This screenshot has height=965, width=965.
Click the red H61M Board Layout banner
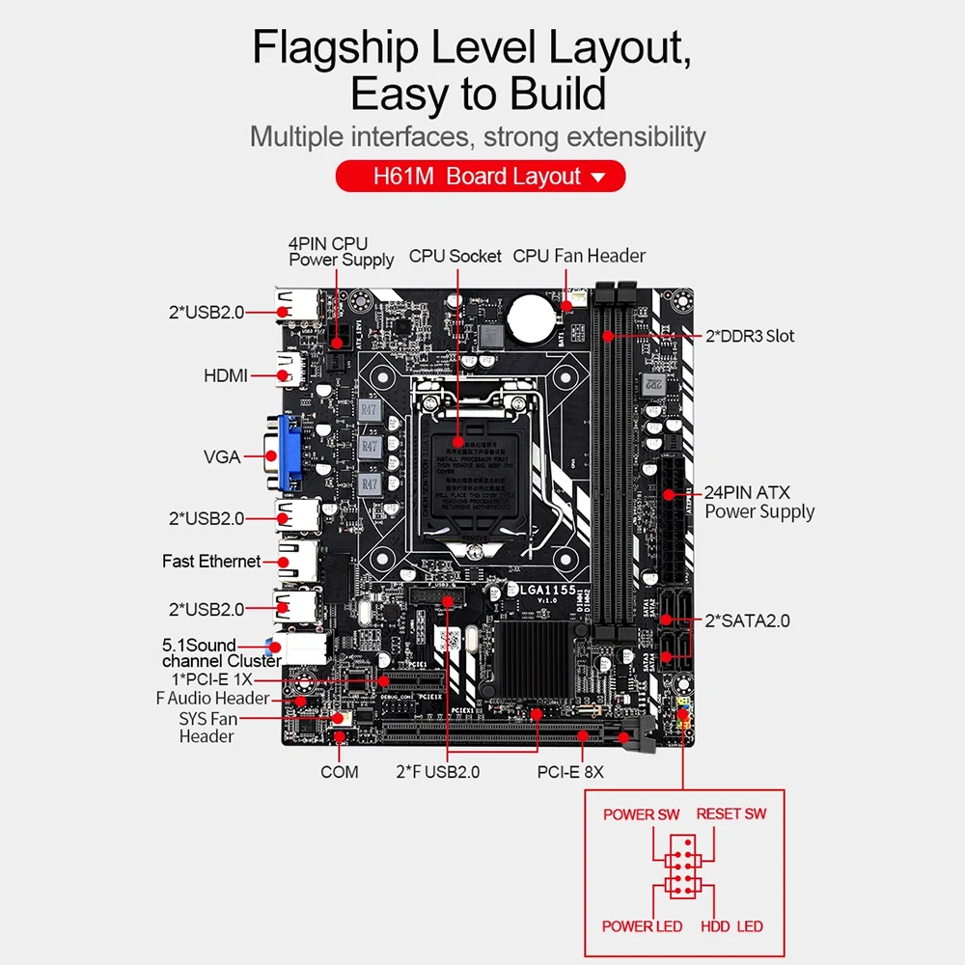480,177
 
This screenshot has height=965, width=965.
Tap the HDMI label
225,375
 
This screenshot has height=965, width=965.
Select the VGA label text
222,456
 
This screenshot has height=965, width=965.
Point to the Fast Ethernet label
211,561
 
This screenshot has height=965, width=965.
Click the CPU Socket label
455,256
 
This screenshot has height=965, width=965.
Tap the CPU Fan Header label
579,256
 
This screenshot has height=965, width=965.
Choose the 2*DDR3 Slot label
750,336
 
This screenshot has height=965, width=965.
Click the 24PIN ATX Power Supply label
759,502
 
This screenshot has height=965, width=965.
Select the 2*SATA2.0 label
748,620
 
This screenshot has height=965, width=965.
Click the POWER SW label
641,813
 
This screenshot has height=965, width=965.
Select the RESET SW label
731,813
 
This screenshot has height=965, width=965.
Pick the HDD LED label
731,926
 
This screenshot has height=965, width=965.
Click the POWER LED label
642,926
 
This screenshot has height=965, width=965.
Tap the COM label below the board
339,771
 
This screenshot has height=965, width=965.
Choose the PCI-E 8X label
570,772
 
